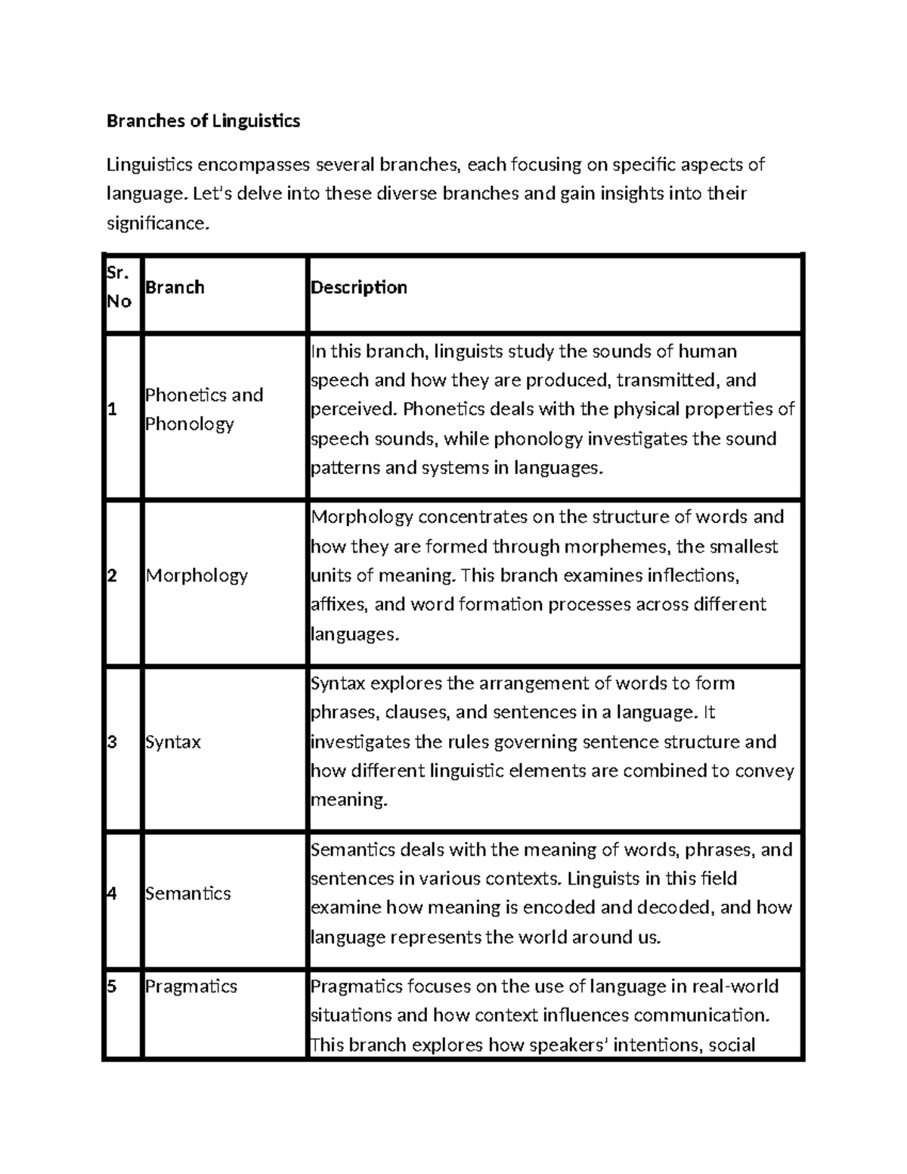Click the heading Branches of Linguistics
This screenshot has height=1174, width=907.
tap(203, 120)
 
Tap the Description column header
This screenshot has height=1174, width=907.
tap(359, 287)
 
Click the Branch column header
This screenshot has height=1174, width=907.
tap(175, 287)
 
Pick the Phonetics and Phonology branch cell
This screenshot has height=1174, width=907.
tap(203, 409)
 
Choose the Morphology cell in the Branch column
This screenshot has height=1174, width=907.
tap(197, 575)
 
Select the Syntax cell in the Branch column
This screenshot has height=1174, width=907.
tap(173, 742)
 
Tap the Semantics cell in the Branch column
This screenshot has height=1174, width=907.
tap(187, 893)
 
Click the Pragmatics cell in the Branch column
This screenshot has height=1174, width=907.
tap(190, 987)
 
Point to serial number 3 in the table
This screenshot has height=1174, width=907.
tap(112, 742)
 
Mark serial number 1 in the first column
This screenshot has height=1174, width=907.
tap(112, 410)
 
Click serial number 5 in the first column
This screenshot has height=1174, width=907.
tap(112, 987)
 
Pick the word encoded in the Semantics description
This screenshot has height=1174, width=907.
tap(562, 907)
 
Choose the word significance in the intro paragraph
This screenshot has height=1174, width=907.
tap(155, 224)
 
